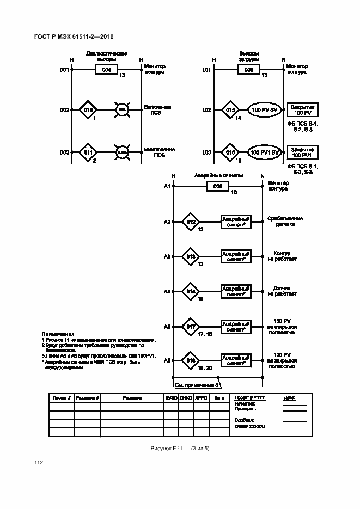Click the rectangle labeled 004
click(107, 70)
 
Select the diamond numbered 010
click(89, 110)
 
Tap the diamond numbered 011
click(89, 152)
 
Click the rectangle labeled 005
click(248, 70)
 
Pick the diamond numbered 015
click(230, 110)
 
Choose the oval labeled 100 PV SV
click(265, 110)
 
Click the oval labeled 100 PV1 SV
click(265, 152)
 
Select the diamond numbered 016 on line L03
click(230, 152)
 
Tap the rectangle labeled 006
click(217, 186)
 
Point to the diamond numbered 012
click(191, 222)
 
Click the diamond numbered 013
click(191, 256)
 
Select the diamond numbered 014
click(191, 291)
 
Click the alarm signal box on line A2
click(236, 222)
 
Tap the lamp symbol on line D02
click(121, 110)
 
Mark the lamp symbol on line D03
click(121, 152)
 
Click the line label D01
click(64, 70)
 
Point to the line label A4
click(167, 291)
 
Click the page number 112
click(39, 463)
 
